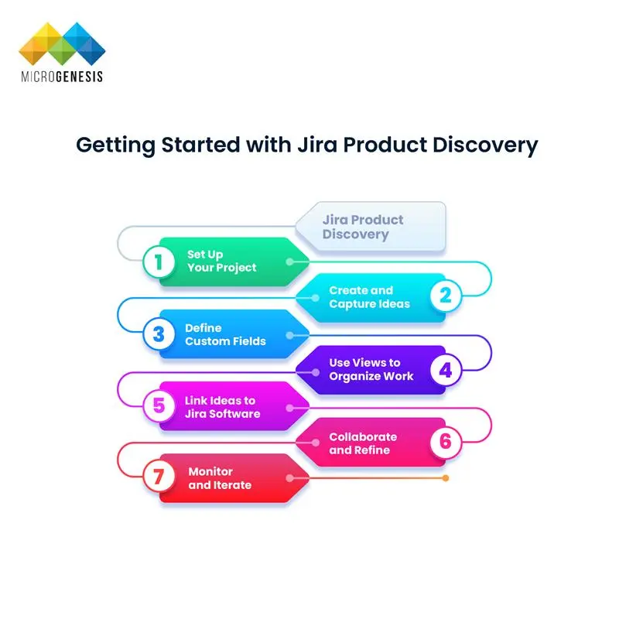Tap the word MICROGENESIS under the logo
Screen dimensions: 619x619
(61, 77)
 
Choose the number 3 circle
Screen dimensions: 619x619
(159, 334)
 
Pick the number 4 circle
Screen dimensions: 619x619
(445, 370)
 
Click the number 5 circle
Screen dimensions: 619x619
(159, 406)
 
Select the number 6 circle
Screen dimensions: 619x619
(445, 442)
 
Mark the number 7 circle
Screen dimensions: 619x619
(159, 477)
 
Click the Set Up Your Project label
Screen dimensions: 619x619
(222, 262)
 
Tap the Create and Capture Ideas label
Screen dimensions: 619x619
(369, 297)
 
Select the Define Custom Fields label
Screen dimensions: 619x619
(225, 334)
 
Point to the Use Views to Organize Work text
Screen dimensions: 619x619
(371, 369)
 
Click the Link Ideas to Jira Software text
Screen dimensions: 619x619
(222, 407)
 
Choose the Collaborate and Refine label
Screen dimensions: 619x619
(363, 443)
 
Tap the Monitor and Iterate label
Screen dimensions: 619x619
(220, 478)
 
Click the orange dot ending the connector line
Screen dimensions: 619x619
(446, 478)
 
